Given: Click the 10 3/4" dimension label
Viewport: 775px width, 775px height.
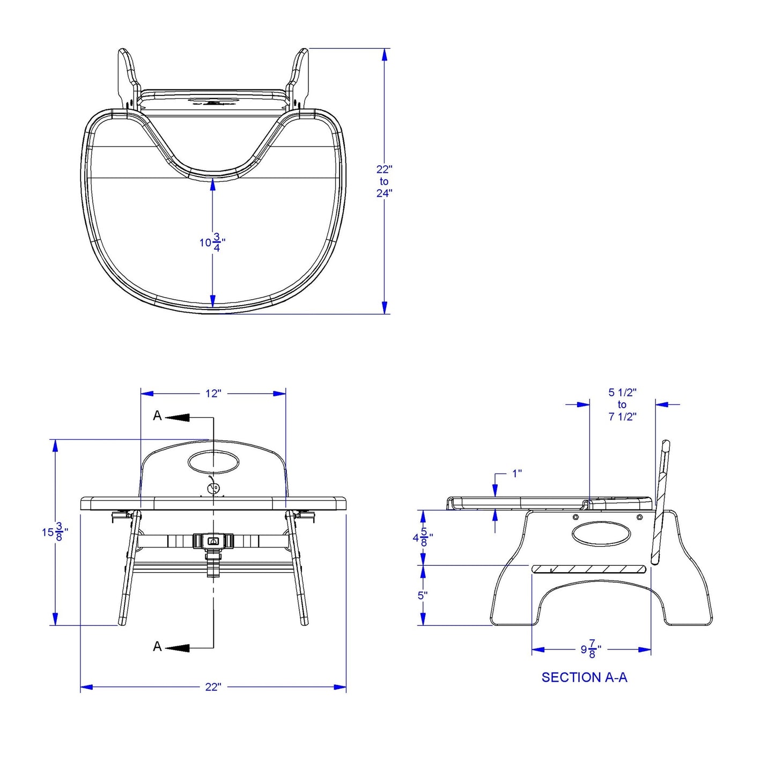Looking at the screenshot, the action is pyautogui.click(x=212, y=242).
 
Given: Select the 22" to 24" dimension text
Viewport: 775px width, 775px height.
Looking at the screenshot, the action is pyautogui.click(x=384, y=181).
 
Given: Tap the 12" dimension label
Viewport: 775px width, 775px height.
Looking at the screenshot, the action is pyautogui.click(x=213, y=393).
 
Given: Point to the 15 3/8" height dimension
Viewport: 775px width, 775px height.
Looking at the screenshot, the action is pyautogui.click(x=55, y=532).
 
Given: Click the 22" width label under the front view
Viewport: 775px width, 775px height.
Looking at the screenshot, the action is pyautogui.click(x=213, y=687).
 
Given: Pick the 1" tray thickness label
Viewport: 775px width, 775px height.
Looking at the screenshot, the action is pyautogui.click(x=517, y=474).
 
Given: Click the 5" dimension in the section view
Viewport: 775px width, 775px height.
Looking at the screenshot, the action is pyautogui.click(x=422, y=595).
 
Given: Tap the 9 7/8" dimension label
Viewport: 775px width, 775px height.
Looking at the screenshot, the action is pyautogui.click(x=591, y=649).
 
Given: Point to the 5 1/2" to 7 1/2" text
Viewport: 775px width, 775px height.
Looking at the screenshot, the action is pyautogui.click(x=622, y=404).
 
